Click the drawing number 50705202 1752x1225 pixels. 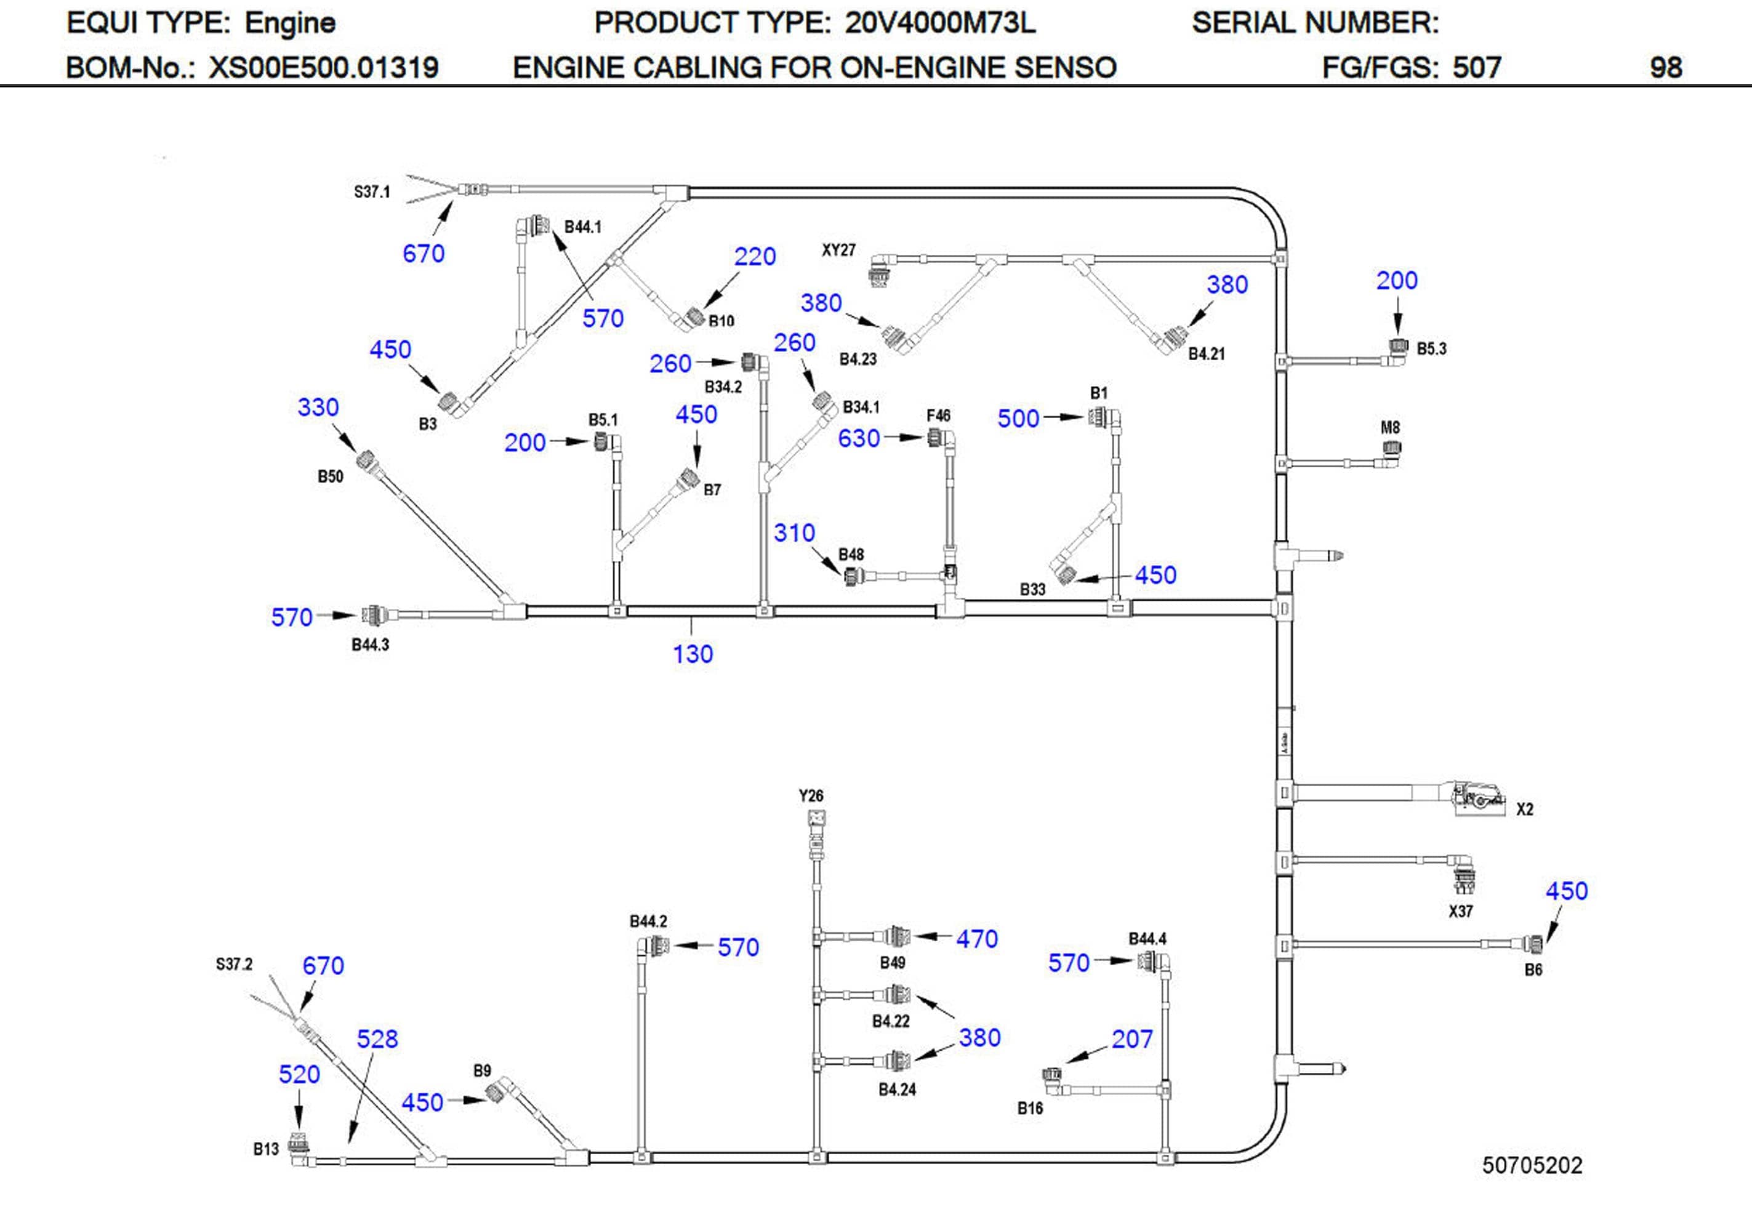click(x=1532, y=1165)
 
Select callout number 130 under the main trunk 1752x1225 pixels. click(x=692, y=654)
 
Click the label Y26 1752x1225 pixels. click(x=811, y=795)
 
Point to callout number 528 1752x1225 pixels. click(x=377, y=1038)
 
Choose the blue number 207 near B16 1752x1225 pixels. click(x=1131, y=1038)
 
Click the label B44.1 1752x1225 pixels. click(x=582, y=227)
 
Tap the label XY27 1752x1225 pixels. click(x=838, y=251)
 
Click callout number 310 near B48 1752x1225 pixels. click(x=794, y=532)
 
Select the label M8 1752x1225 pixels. click(x=1390, y=427)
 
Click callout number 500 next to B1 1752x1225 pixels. click(x=1018, y=418)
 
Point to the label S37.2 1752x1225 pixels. click(x=233, y=964)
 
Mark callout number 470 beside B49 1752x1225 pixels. click(x=977, y=939)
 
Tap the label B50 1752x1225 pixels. click(x=331, y=477)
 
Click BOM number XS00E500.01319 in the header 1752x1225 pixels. click(x=324, y=68)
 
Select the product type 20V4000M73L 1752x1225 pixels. click(x=939, y=23)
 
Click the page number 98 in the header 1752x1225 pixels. click(x=1665, y=68)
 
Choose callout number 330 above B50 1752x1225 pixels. click(x=318, y=408)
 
